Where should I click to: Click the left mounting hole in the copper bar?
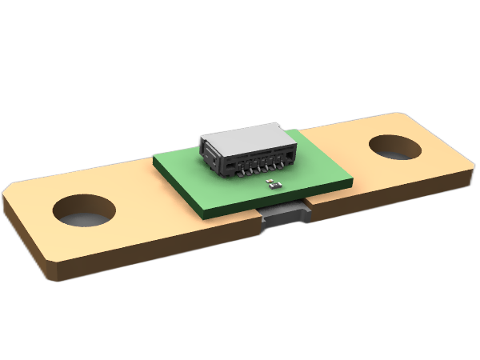84,210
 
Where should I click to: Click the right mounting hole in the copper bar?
396,150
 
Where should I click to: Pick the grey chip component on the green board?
274,186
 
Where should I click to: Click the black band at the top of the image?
240,36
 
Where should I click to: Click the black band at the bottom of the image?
240,324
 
